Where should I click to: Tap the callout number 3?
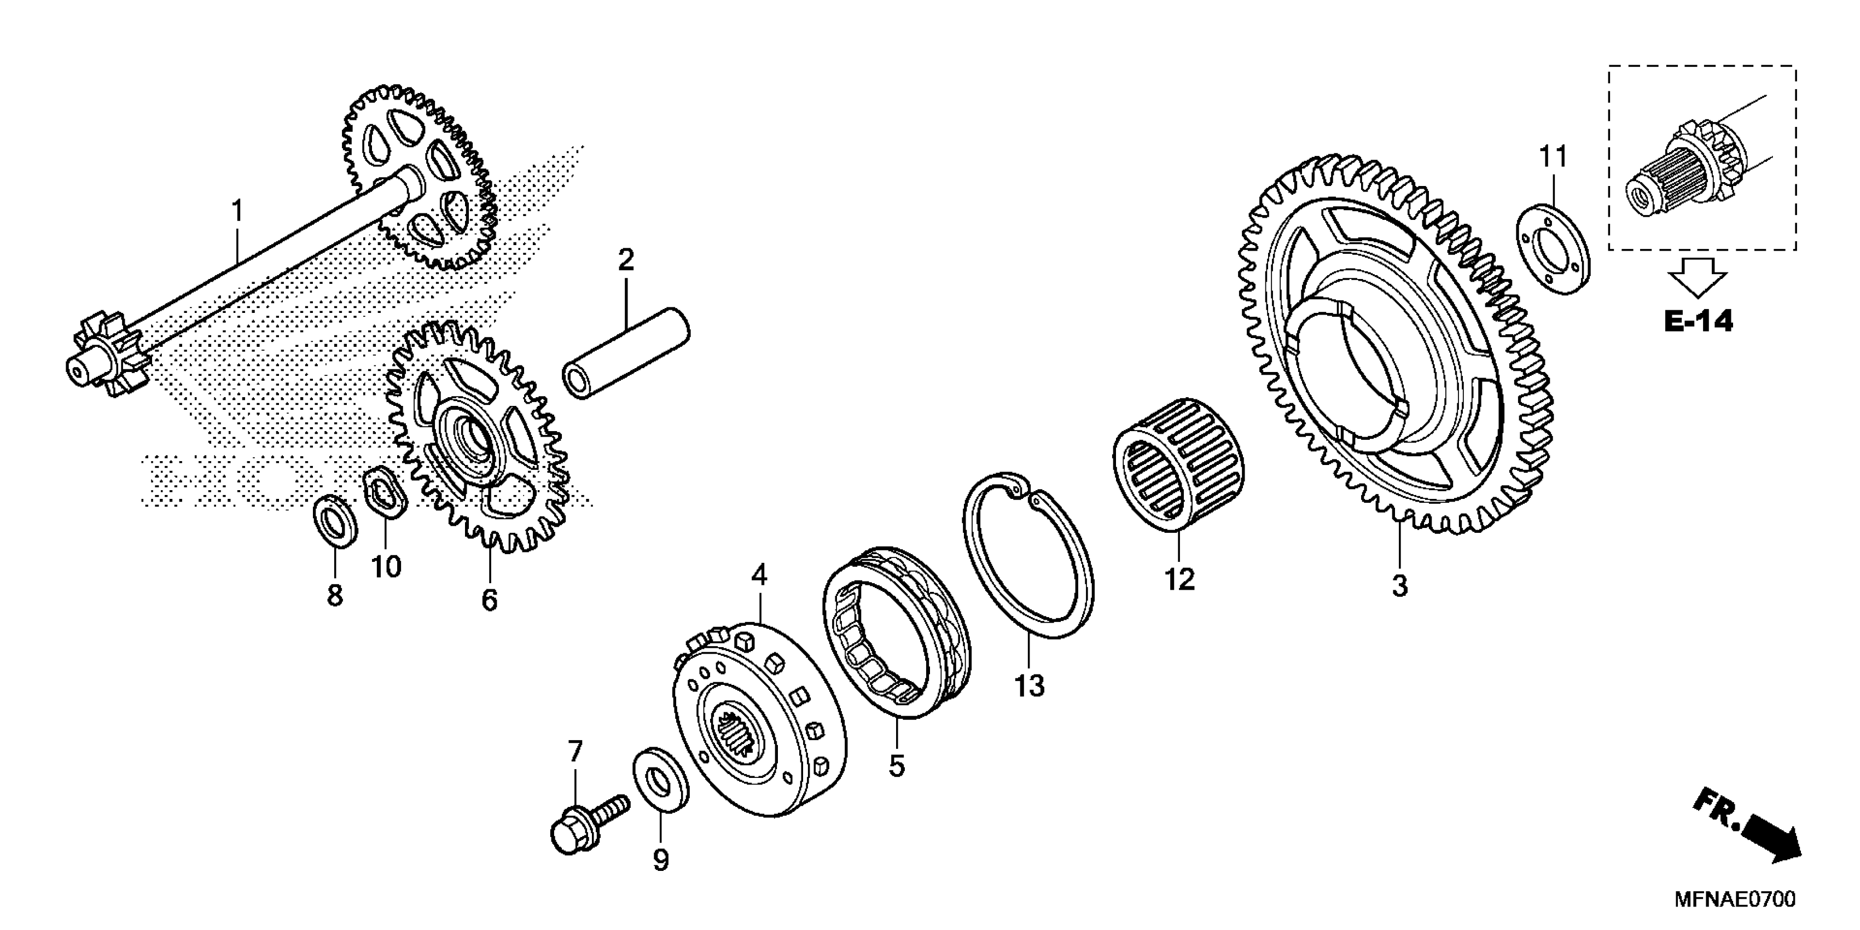tap(1399, 585)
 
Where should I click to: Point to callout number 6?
tap(490, 599)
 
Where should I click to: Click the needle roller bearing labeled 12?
tap(1178, 462)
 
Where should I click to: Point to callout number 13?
tap(1029, 685)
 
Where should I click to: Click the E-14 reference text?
tap(1698, 321)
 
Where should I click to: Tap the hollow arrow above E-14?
tap(1698, 275)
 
